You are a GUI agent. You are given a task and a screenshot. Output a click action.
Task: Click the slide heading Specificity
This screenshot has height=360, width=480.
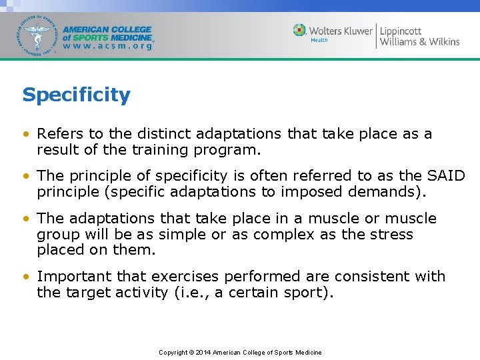tap(76, 95)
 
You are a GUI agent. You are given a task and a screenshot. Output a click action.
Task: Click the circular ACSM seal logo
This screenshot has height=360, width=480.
tap(38, 35)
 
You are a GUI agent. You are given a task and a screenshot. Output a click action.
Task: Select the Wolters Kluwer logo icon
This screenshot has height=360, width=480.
tap(300, 30)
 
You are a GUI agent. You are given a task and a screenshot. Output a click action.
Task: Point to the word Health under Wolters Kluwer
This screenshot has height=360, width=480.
tap(319, 40)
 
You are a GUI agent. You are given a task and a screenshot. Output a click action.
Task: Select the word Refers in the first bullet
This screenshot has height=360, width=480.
tap(59, 134)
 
